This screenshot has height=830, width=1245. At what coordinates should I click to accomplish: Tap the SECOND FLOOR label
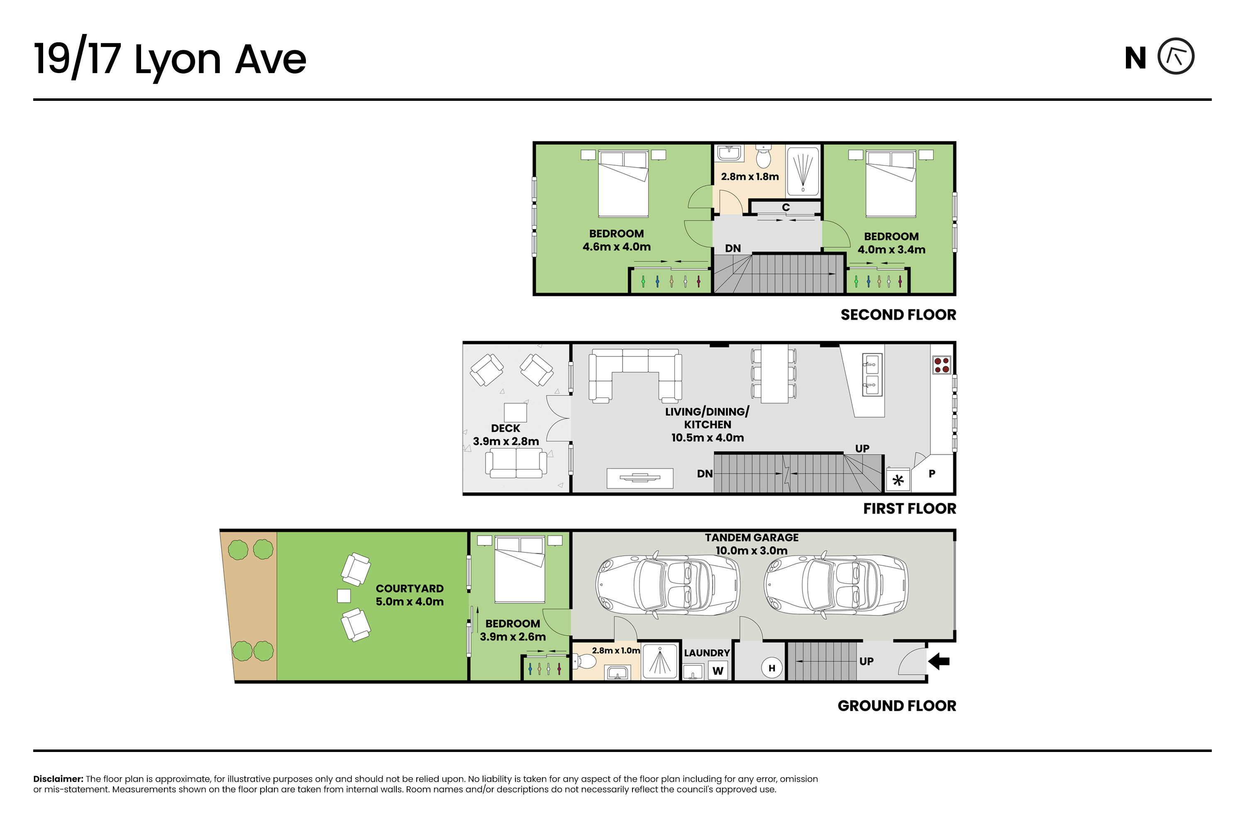click(x=898, y=315)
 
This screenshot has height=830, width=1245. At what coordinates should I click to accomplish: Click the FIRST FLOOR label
click(x=909, y=509)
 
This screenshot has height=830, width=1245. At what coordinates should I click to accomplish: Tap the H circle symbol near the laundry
click(x=772, y=668)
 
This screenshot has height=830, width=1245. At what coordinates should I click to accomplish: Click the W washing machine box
click(x=718, y=671)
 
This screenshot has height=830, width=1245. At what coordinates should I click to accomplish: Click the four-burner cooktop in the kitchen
click(x=942, y=365)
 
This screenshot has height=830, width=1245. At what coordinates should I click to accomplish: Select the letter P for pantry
click(x=932, y=474)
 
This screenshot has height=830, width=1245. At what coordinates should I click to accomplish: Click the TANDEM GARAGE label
click(x=752, y=538)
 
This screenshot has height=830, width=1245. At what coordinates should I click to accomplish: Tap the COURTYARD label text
click(x=410, y=588)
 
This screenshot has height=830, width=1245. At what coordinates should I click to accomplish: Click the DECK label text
click(x=505, y=428)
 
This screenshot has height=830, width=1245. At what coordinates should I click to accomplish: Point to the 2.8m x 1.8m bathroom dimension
click(x=749, y=177)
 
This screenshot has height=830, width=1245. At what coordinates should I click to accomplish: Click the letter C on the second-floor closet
click(x=786, y=207)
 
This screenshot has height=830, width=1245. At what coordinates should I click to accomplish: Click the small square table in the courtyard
click(x=344, y=596)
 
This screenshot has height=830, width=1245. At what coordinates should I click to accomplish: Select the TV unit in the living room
click(x=640, y=478)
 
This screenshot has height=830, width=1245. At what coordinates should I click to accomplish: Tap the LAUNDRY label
click(x=707, y=653)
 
